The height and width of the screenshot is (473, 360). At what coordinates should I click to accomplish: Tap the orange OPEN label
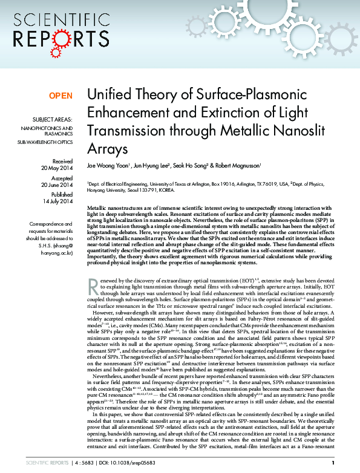tap(61, 96)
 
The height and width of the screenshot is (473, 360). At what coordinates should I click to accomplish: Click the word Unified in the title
tap(108, 96)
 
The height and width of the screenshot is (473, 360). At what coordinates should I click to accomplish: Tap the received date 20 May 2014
tap(55, 168)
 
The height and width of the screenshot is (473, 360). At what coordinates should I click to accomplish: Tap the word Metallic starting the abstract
tap(97, 207)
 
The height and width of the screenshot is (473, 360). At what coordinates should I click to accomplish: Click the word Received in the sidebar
tap(63, 161)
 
